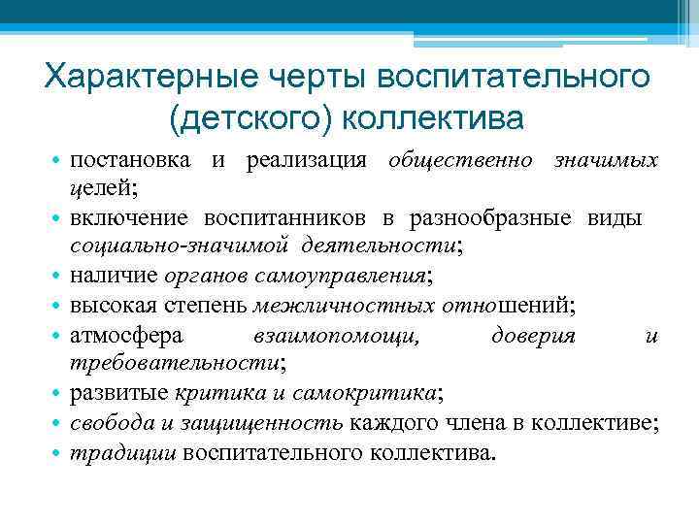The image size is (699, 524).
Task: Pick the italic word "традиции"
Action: point(123,452)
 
